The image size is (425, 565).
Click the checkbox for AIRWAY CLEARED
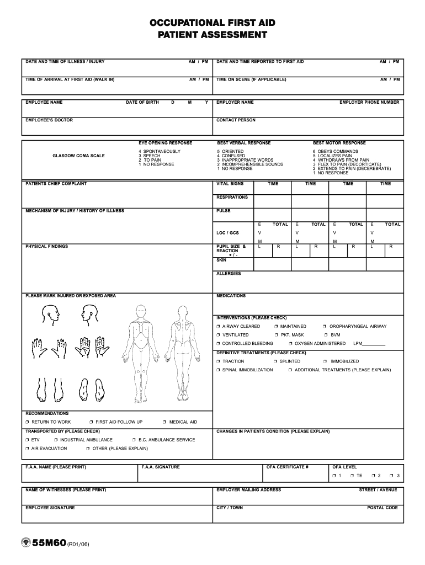tap(219, 327)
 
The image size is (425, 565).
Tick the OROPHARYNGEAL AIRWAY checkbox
tap(325, 327)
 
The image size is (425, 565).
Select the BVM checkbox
tap(325, 335)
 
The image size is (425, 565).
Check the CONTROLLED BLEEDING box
tap(219, 344)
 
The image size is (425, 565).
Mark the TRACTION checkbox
tap(219, 361)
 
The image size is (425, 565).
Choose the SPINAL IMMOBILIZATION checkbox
tap(219, 370)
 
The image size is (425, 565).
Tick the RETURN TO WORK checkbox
tap(27, 422)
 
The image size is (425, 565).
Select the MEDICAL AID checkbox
tap(164, 422)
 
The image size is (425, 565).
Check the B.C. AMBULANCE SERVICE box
tap(134, 440)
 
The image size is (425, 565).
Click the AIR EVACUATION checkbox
tap(27, 449)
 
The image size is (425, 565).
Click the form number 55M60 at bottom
tap(49, 543)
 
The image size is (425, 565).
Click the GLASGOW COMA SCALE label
tap(78, 156)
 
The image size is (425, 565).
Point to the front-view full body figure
tap(142, 348)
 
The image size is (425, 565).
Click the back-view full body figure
tap(184, 348)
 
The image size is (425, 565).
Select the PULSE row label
tap(224, 211)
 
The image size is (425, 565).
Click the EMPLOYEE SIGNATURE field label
tap(50, 508)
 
